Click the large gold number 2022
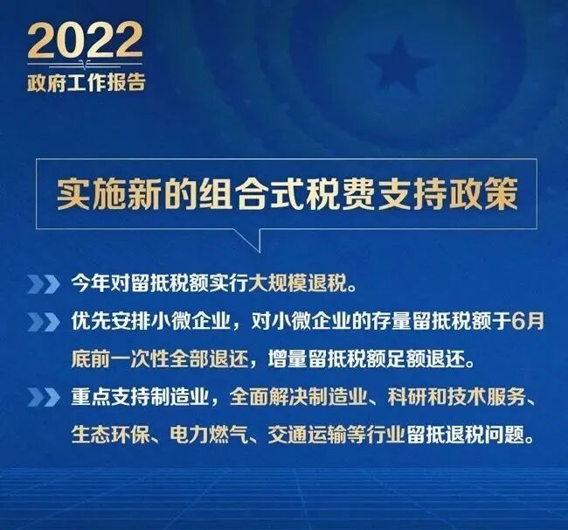tap(85, 41)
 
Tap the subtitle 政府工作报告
tap(85, 83)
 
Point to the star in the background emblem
tap(398, 64)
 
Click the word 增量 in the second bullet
tap(284, 359)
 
